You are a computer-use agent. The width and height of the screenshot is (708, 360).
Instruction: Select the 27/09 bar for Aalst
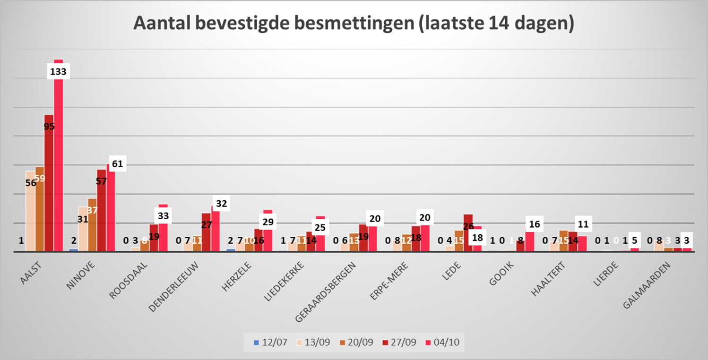coord(49,189)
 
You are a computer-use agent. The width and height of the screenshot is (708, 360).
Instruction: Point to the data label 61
coord(117,164)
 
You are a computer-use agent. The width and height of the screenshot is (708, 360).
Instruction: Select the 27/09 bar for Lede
coord(468,236)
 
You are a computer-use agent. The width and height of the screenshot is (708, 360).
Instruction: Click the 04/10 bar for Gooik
coord(530,241)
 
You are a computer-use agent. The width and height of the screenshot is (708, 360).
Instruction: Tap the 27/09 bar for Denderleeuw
coord(206,234)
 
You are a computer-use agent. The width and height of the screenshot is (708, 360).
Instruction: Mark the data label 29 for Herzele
coord(268,222)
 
